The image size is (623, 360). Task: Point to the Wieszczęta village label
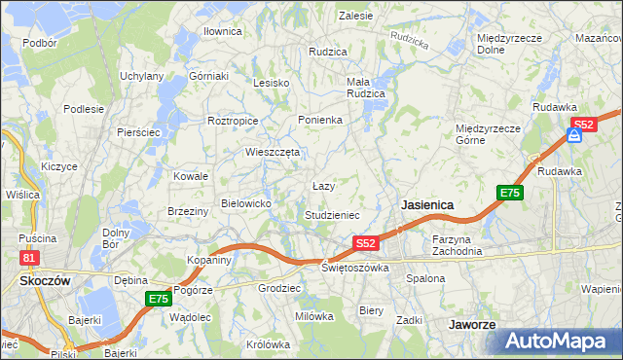[x=273, y=152]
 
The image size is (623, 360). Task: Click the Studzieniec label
[x=332, y=214]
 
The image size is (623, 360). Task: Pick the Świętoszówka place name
[x=355, y=267]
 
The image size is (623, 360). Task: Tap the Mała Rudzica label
[x=366, y=88]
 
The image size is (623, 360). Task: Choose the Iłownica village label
[x=222, y=31]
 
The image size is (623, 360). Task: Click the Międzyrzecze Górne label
[x=490, y=133]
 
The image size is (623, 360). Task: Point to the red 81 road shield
[x=29, y=257]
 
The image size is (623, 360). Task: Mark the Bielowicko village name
[x=252, y=202]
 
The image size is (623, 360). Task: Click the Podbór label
[x=39, y=43]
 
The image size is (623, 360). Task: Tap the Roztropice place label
[x=233, y=121]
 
